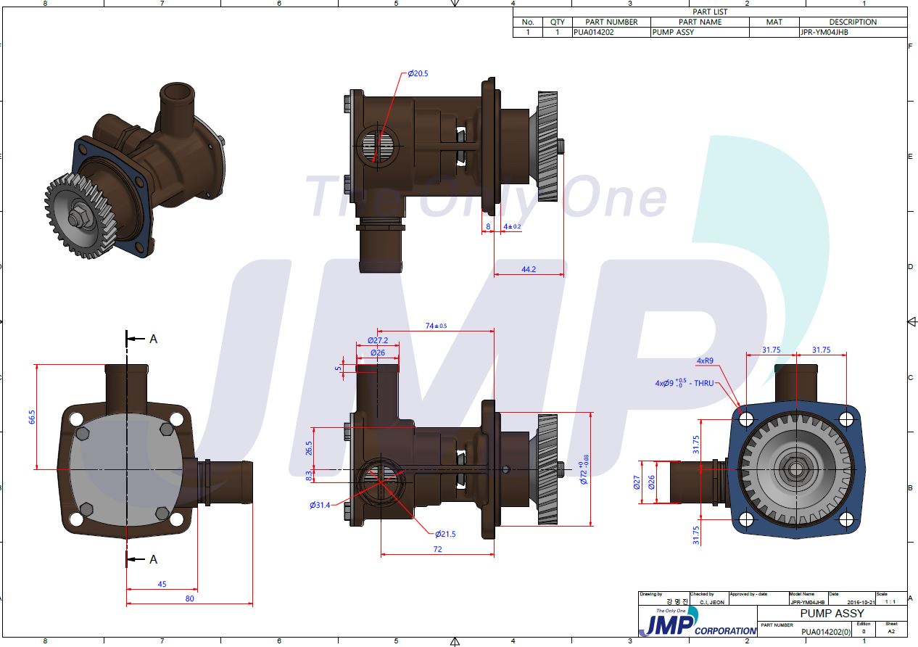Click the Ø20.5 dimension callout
click(418, 73)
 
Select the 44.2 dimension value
click(529, 269)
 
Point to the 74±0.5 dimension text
click(436, 326)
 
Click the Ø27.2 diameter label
click(377, 340)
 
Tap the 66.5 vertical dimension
click(32, 416)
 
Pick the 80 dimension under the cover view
click(190, 598)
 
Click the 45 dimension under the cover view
click(162, 584)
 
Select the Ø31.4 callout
click(320, 505)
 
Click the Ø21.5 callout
click(445, 534)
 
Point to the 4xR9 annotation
click(706, 360)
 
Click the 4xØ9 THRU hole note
click(685, 383)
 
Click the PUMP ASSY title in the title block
click(832, 614)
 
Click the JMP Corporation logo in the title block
click(696, 623)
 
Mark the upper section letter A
click(153, 339)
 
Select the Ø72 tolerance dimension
click(584, 472)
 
